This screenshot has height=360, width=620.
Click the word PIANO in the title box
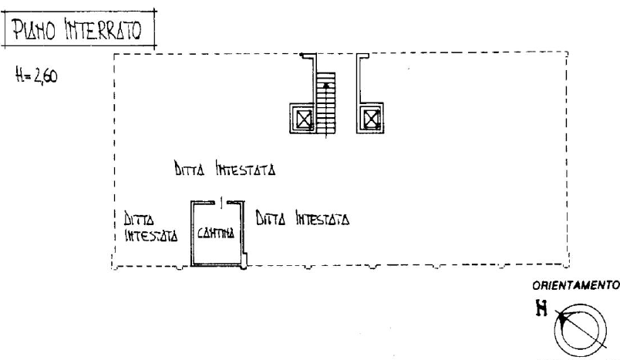coord(34,30)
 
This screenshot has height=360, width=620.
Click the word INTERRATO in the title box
coord(103,30)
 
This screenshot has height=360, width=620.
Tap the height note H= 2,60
coord(36,75)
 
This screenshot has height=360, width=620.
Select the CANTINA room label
coord(216,233)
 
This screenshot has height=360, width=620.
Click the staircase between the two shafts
coord(326,103)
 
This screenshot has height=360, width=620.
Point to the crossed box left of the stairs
coord(305,119)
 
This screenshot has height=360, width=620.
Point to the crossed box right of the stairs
coord(372,119)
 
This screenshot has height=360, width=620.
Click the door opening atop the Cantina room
coord(221,203)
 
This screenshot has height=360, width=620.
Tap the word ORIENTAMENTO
coord(576,285)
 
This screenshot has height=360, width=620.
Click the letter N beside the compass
coord(541,308)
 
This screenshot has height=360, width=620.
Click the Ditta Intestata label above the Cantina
coord(224,168)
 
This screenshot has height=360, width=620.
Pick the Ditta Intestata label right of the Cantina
coord(302,217)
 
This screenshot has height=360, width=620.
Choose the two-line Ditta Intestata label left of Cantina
coord(151,227)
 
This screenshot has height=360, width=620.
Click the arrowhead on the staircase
coord(326,86)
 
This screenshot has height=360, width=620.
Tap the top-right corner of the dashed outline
coord(568,52)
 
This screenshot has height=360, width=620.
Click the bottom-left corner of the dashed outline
coord(113,267)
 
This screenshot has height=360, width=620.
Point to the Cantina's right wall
coord(243,233)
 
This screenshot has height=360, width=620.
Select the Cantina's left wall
coord(192,233)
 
